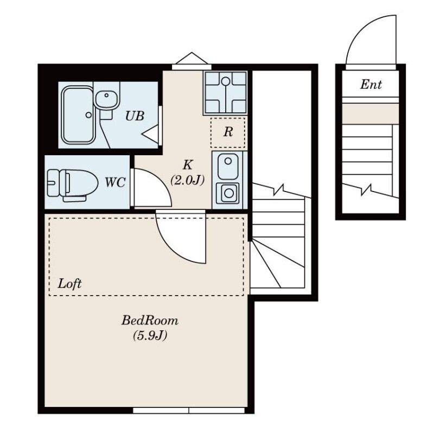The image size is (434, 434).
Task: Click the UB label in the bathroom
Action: [135, 116]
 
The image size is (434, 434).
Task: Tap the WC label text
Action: [115, 182]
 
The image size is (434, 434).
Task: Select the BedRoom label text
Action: [150, 321]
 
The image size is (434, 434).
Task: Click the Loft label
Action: [69, 284]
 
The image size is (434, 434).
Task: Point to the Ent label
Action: [371, 85]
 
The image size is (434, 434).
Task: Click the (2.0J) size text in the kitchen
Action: [187, 181]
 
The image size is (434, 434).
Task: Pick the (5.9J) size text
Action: [150, 336]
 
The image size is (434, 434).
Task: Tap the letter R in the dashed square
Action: [228, 132]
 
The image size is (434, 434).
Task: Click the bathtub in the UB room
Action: [77, 115]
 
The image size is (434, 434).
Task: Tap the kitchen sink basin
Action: [228, 167]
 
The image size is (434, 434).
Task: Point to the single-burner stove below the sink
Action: [228, 193]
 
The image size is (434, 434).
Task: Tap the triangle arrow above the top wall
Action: [192, 58]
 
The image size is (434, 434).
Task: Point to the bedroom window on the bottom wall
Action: [189, 410]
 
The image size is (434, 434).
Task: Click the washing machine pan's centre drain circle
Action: [226, 81]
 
